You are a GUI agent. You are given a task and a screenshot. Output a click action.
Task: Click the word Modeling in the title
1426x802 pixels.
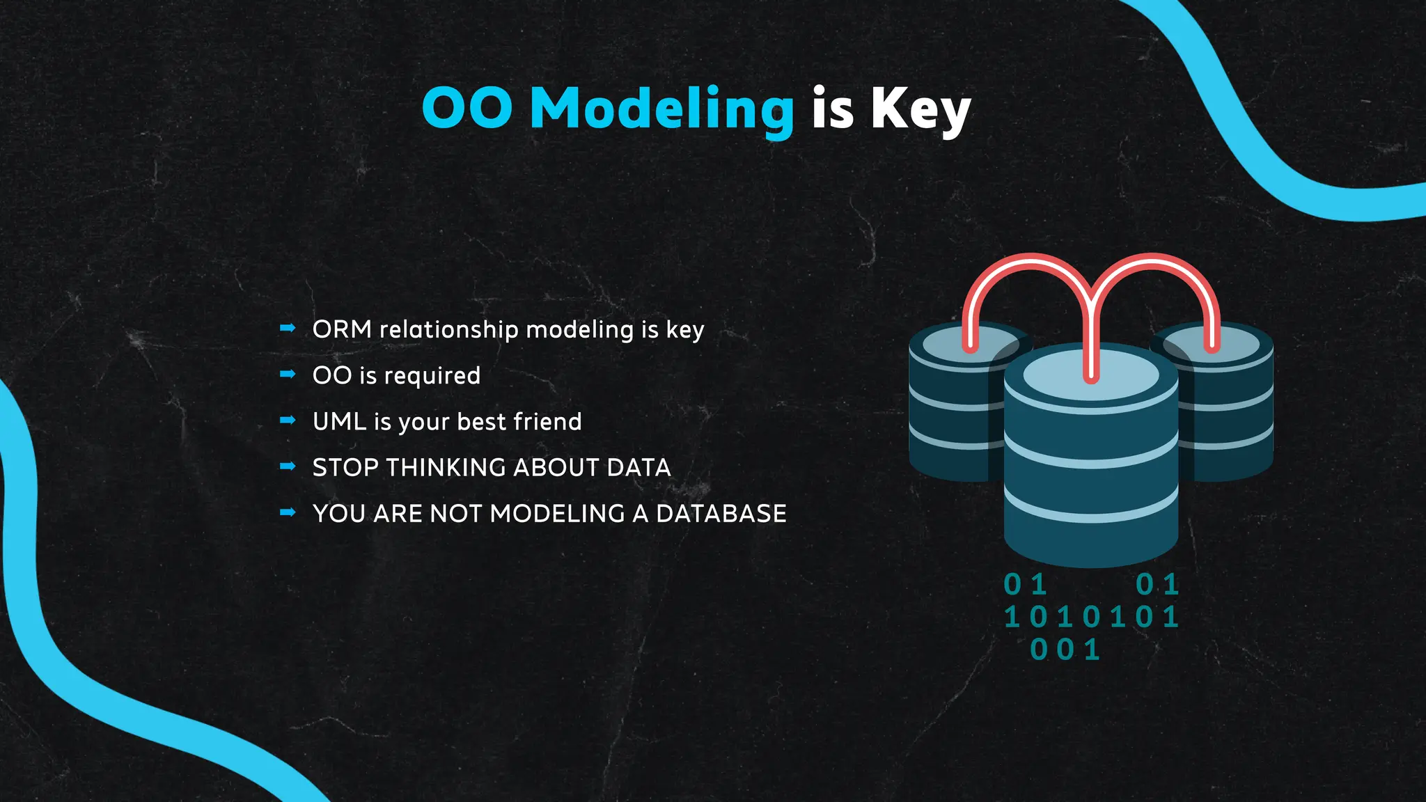coord(661,109)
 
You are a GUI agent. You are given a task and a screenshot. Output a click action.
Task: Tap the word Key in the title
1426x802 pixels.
coord(920,109)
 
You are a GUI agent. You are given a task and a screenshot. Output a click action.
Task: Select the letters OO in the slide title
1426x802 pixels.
coord(467,109)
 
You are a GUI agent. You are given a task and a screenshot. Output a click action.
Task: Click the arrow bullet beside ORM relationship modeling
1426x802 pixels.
coord(288,328)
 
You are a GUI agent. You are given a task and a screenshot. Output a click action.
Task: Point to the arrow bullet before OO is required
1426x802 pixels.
coord(288,374)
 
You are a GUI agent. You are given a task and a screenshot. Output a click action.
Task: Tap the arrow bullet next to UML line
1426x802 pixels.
coord(288,420)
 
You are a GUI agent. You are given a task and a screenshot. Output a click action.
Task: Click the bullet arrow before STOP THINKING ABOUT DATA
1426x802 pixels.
coord(288,466)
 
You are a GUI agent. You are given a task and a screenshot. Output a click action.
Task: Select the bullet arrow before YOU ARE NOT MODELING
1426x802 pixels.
coord(288,512)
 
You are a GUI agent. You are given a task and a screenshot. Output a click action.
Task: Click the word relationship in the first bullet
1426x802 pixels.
coord(449,329)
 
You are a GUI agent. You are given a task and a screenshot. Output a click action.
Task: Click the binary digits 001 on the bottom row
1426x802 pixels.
coord(1065,650)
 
